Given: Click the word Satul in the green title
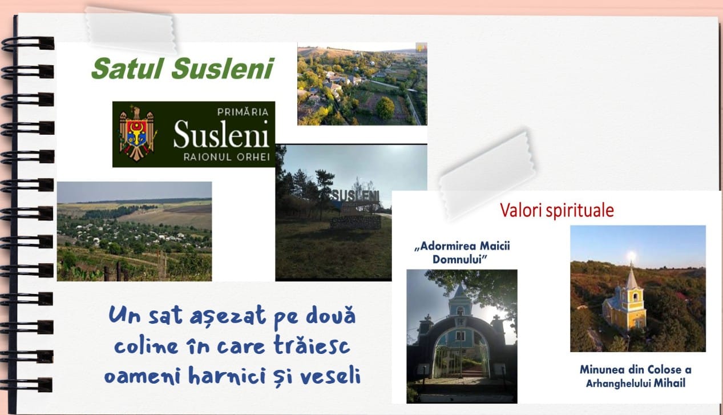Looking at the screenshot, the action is click(x=127, y=69).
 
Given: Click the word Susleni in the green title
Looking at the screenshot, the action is click(x=223, y=69).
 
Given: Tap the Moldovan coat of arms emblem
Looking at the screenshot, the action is click(x=137, y=134).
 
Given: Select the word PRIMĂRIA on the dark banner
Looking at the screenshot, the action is click(x=243, y=112).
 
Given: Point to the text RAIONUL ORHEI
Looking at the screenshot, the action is click(x=227, y=157).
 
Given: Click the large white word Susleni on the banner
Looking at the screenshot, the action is click(x=221, y=134).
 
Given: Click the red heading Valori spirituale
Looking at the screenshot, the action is click(x=557, y=210).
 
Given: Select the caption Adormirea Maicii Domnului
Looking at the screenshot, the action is click(x=462, y=252).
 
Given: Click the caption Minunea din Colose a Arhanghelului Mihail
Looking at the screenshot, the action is click(x=636, y=376).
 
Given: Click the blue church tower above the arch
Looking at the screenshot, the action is click(x=460, y=300).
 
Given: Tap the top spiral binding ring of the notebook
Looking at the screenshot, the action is click(x=27, y=43).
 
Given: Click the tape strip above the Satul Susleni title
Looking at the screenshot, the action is click(x=131, y=30).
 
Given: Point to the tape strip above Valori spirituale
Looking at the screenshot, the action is click(x=487, y=175).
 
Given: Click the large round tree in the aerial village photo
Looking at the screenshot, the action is click(x=385, y=107).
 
